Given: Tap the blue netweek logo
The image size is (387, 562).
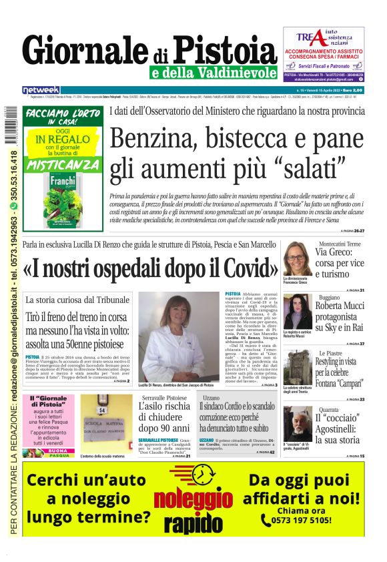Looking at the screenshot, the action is (x=41, y=89).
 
